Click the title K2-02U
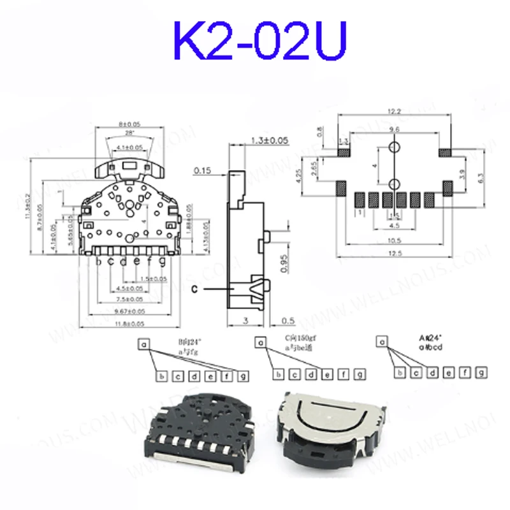pos(255,40)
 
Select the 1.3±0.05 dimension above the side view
pos(270,140)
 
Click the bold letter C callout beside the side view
pos(197,289)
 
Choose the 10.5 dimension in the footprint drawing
pos(395,240)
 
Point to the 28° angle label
pos(129,133)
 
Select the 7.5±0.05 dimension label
pos(129,299)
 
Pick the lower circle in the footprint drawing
pos(395,185)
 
